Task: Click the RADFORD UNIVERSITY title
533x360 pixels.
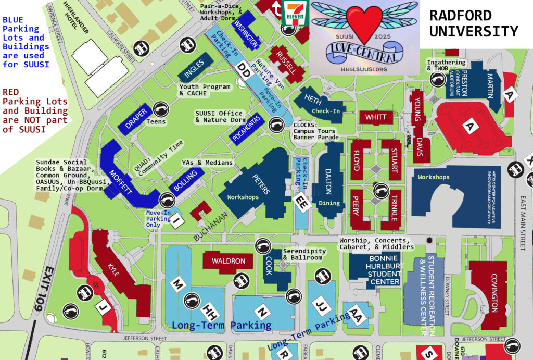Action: (x=473, y=23)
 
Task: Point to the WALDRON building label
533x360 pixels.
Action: (x=227, y=261)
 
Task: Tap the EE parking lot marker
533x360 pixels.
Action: (x=301, y=202)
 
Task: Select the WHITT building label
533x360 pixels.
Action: (x=376, y=117)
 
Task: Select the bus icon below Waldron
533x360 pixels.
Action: (x=240, y=281)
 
